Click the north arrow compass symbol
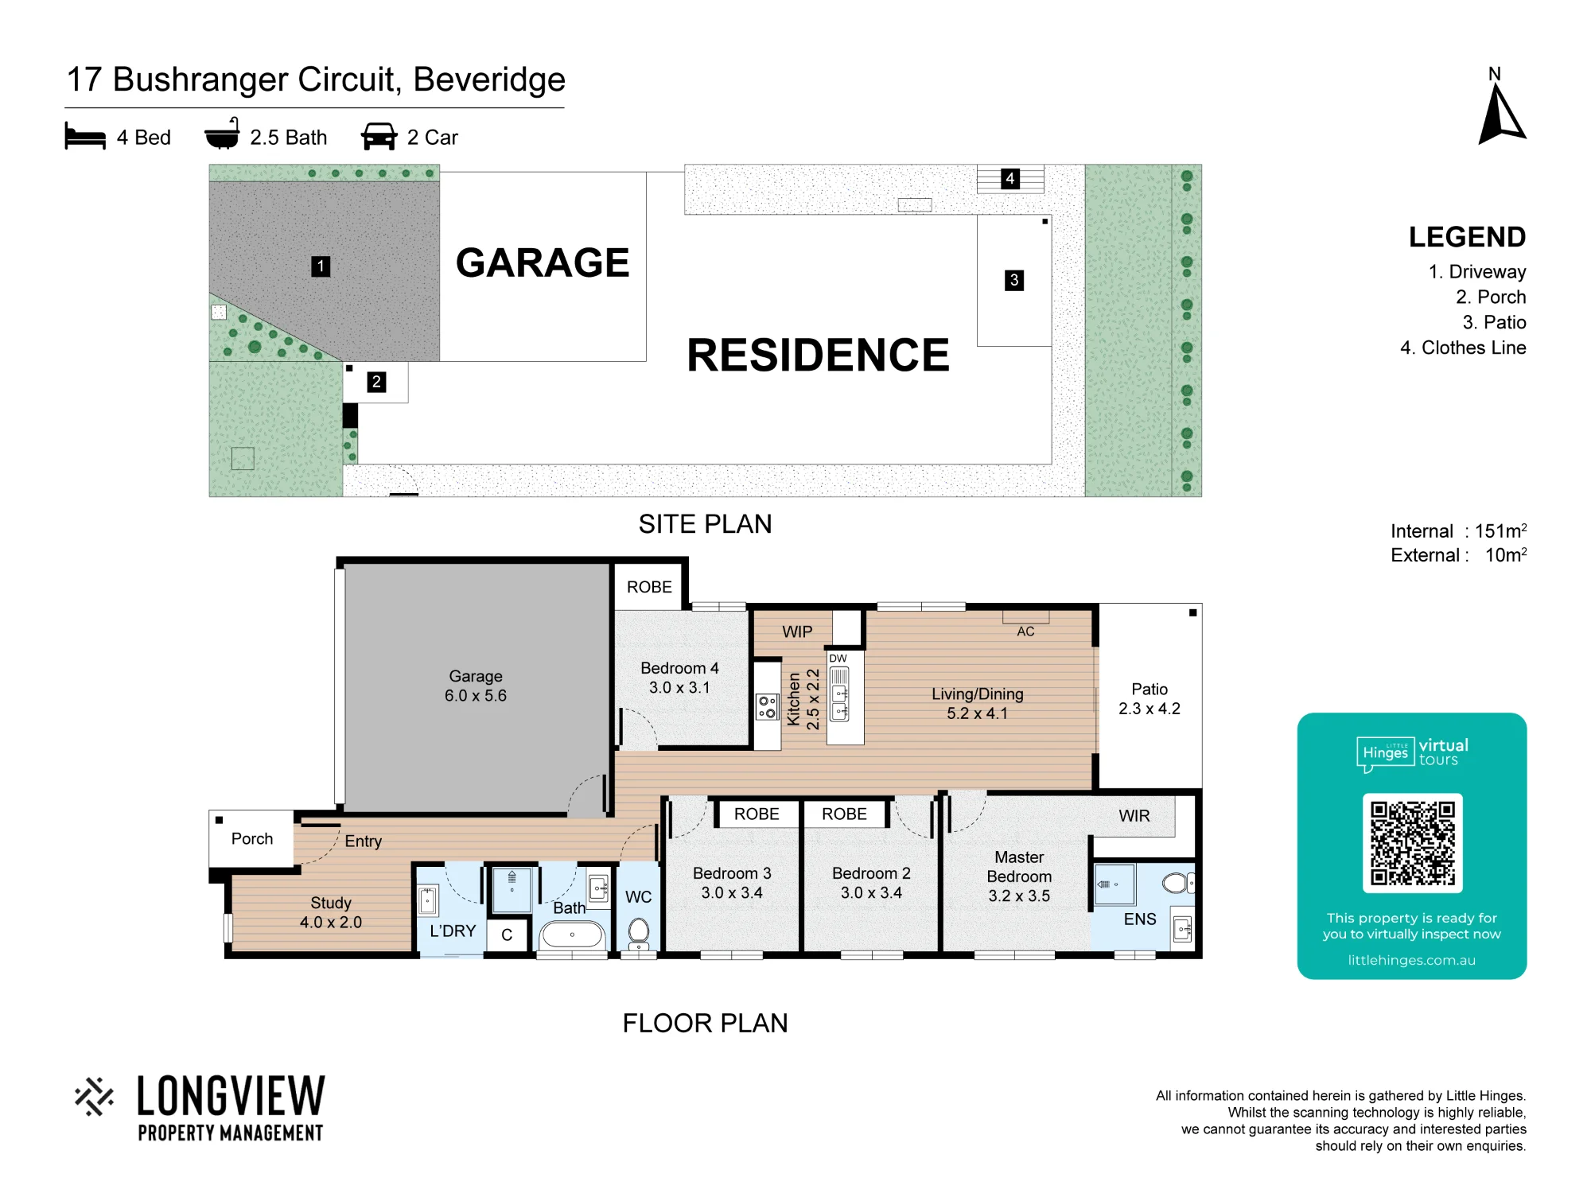coord(1501,116)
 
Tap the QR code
coord(1412,843)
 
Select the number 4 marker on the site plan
coord(1009,178)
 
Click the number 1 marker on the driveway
coord(321,266)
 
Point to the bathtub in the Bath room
coord(572,934)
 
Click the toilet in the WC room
coord(639,932)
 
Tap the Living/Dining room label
coord(977,703)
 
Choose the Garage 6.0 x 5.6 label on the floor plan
coord(476,686)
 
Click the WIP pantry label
coord(797,631)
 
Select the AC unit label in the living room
coord(1025,631)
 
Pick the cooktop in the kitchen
coord(767,706)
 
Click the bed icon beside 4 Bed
coord(85,136)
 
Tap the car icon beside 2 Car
coord(379,137)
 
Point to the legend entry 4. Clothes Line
coord(1463,348)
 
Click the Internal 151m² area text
coord(1458,530)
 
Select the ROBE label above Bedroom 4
coord(649,587)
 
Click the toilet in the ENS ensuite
coord(1178,882)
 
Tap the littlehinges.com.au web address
coord(1411,960)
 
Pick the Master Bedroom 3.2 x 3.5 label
coord(1019,876)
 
